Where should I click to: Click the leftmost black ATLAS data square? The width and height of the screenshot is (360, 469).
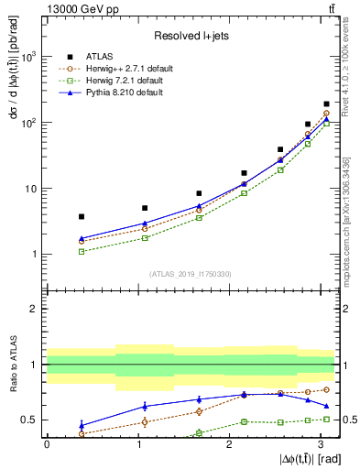82,216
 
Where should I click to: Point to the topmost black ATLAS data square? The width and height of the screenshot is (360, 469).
327,104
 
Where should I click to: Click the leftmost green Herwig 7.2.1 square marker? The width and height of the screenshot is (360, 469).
82,251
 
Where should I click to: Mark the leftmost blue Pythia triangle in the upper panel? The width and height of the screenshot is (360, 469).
82,238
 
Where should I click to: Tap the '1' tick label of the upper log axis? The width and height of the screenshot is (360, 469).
36,255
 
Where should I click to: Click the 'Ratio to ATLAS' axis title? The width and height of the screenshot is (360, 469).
13,367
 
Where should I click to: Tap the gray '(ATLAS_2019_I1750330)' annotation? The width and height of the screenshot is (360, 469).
190,273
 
